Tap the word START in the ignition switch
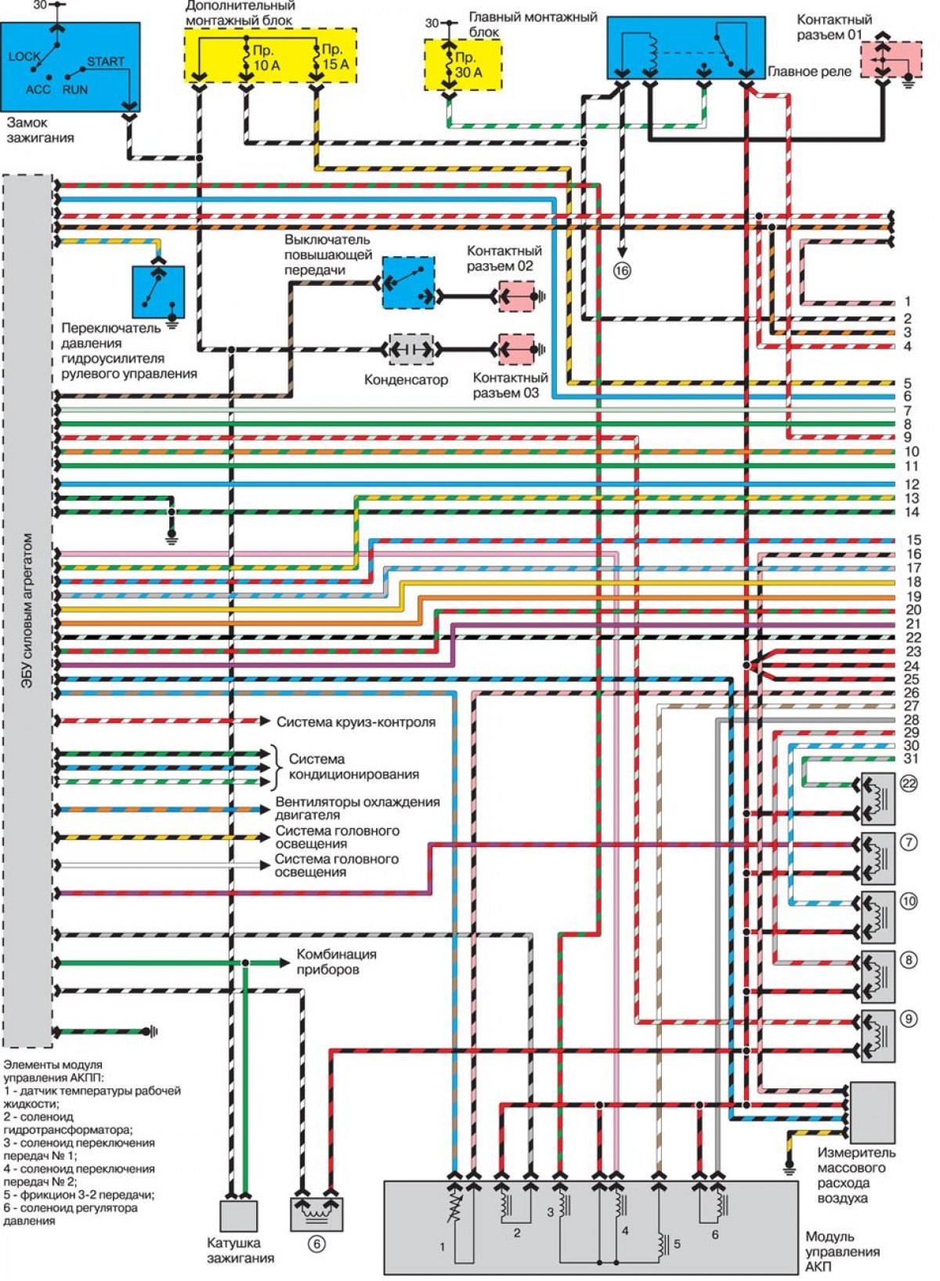pos(105,61)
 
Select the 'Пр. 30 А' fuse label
pos(469,65)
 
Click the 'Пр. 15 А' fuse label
pos(335,56)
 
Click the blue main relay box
pos(686,48)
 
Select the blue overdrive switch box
pos(408,283)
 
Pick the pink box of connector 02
pos(516,296)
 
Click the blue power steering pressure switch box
pos(158,291)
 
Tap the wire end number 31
pos(912,759)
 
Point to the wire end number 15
pos(913,540)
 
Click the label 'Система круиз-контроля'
pos(356,722)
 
